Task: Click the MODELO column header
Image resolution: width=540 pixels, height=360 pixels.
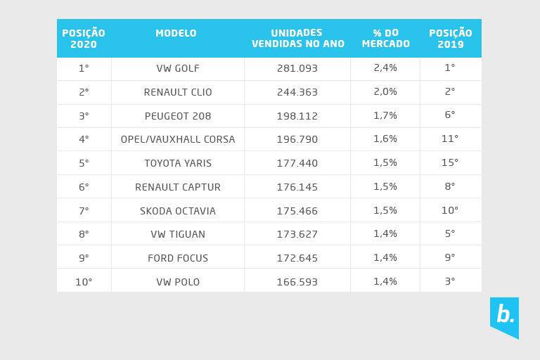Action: pos(176,33)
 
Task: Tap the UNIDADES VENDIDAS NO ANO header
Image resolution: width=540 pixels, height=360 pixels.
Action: pos(298,38)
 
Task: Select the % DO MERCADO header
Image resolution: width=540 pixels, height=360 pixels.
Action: pos(385,38)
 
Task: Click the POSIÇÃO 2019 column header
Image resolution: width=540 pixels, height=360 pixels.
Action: pos(450,38)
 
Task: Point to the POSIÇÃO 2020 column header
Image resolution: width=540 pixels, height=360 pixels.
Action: pos(84,38)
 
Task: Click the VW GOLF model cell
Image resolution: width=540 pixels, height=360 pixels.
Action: pos(178,68)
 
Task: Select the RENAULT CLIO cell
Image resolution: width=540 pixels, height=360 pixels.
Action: pos(178,92)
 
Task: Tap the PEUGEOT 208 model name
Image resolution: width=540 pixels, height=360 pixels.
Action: pos(178,116)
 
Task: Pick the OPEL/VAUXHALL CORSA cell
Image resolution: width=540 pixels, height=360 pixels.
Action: pos(178,139)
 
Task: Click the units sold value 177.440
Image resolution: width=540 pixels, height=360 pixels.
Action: pos(297,163)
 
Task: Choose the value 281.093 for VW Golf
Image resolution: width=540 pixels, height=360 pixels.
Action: pos(297,68)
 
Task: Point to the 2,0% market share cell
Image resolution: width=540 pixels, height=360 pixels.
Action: pos(385,92)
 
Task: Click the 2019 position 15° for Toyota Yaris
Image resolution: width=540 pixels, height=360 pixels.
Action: pos(450,163)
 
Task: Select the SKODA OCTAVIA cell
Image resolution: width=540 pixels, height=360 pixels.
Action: pos(178,211)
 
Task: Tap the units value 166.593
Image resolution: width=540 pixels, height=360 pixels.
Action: pos(297,282)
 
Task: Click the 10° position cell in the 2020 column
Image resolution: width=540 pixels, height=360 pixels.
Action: pos(84,282)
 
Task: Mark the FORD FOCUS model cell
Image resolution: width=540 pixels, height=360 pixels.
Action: pos(178,258)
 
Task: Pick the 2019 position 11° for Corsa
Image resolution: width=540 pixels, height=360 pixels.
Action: pos(450,139)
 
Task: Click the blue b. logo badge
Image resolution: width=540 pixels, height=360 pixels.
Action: pos(504,316)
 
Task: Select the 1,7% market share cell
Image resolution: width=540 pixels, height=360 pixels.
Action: pos(385,116)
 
